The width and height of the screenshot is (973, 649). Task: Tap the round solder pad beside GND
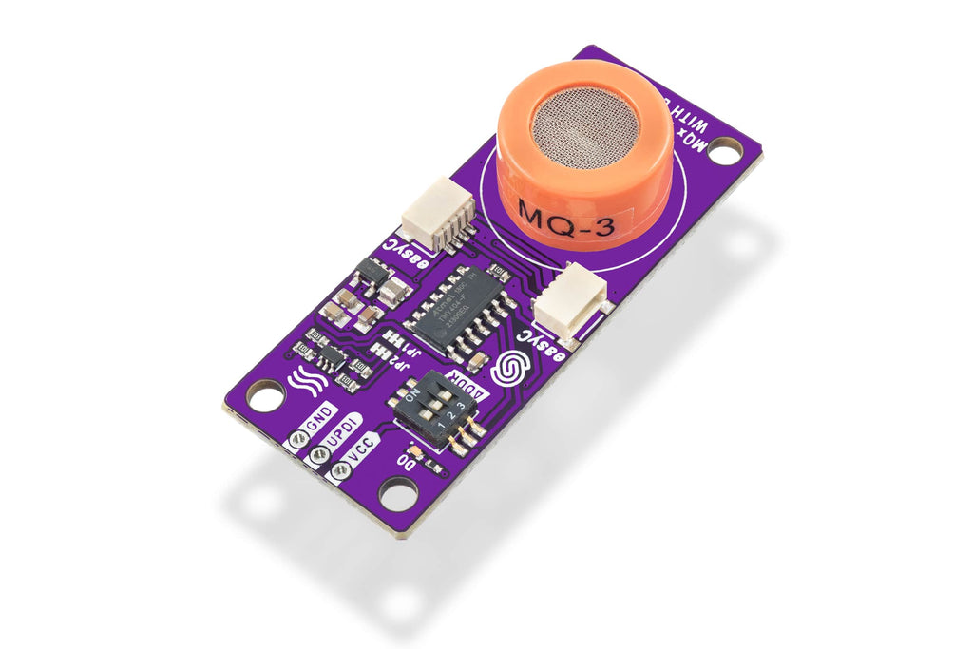(297, 438)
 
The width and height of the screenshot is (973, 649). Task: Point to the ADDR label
(469, 389)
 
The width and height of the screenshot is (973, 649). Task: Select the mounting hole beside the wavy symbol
(264, 395)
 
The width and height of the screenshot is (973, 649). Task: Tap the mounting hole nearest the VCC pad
(397, 492)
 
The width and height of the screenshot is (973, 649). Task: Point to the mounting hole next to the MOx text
(725, 150)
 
